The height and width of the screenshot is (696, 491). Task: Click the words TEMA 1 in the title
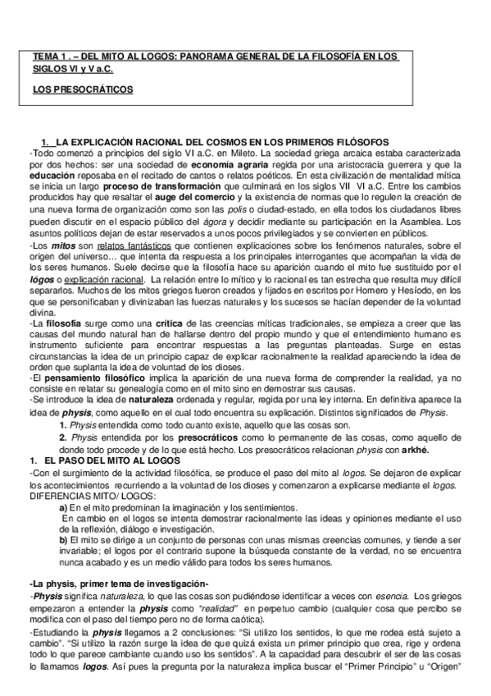49,57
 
